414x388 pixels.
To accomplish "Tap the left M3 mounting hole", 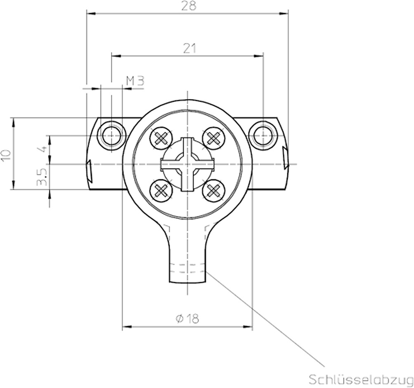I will pos(111,134).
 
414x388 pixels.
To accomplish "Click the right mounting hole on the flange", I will pos(263,134).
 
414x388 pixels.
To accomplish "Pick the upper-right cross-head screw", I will pos(213,137).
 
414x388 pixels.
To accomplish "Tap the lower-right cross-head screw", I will pos(213,190).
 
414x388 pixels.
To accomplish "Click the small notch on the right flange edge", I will pos(285,157).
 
